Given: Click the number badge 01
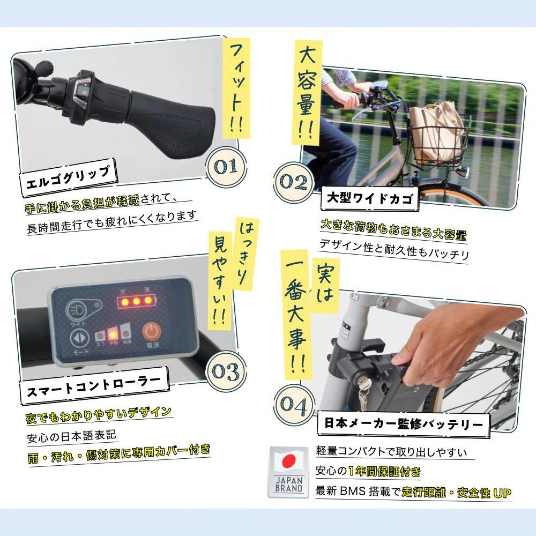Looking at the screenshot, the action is (x=226, y=167).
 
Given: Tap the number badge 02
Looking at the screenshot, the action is (x=294, y=182).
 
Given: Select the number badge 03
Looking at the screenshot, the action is (x=226, y=371).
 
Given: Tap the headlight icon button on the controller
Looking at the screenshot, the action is (x=77, y=310).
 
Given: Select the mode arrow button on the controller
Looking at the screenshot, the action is (x=79, y=338).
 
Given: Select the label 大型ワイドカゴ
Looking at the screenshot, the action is (x=369, y=198).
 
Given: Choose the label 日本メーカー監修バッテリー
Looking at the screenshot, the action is (x=404, y=425).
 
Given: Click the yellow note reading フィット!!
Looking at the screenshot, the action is (x=236, y=88).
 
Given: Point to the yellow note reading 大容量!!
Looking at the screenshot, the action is (x=306, y=92).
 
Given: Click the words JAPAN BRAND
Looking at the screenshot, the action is (x=289, y=485).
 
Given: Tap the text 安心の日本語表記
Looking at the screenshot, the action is (x=71, y=436).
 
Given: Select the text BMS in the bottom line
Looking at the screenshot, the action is (x=348, y=491).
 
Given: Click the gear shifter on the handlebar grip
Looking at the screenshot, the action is (x=81, y=92).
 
